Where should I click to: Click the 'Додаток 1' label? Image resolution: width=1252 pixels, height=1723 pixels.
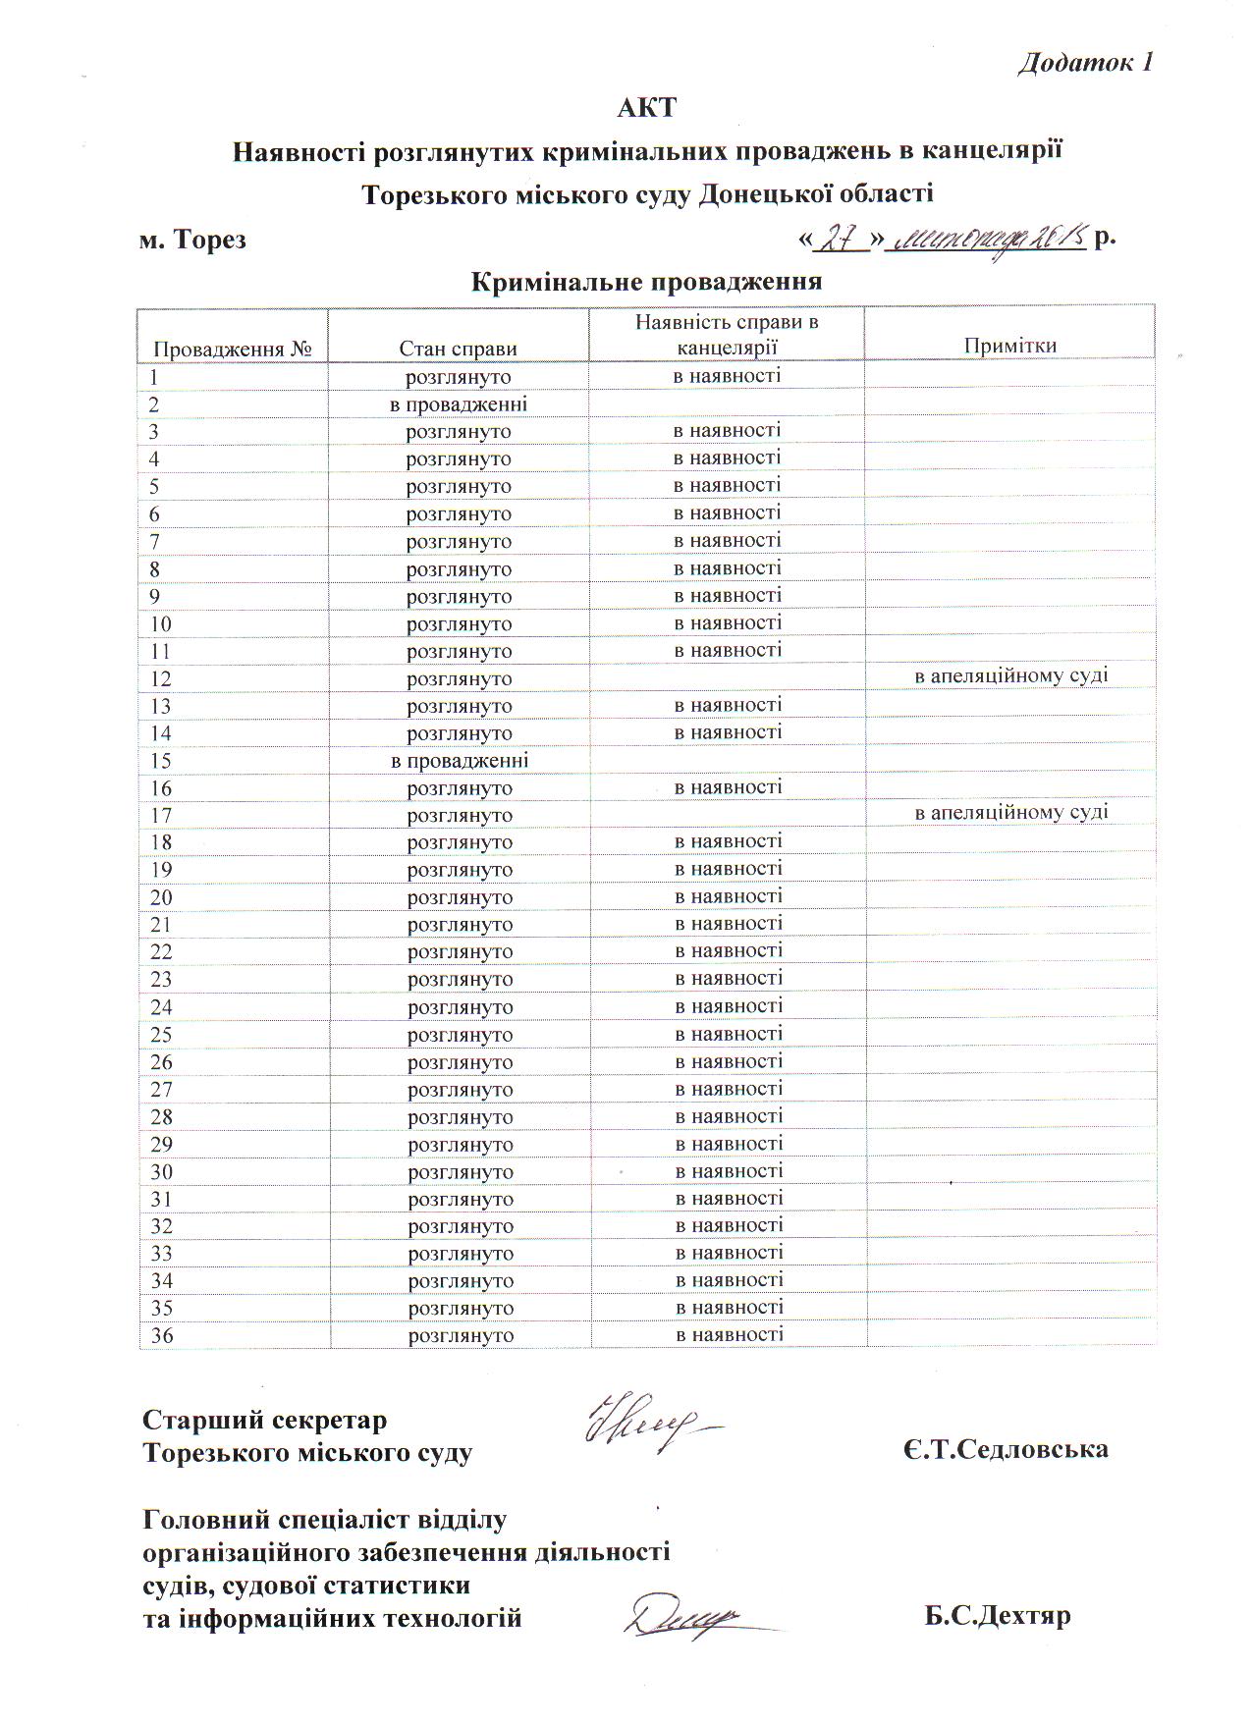[x=1084, y=63]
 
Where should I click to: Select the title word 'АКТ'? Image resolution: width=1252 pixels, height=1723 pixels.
[x=646, y=107]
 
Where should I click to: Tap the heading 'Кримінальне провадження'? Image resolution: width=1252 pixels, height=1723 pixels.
[x=646, y=282]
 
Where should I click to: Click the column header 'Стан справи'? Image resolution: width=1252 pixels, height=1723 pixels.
[x=458, y=348]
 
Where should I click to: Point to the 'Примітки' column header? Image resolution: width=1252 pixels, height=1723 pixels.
[x=1009, y=345]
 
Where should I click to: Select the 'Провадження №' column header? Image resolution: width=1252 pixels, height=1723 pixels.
[x=233, y=349]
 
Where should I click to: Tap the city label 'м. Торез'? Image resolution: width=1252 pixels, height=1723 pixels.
[x=192, y=240]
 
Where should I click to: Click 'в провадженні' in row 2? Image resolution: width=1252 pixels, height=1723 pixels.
[x=458, y=404]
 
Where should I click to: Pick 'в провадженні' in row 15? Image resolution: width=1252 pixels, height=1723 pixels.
[x=459, y=761]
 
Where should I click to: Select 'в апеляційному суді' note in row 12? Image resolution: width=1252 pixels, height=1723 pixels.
[x=1011, y=675]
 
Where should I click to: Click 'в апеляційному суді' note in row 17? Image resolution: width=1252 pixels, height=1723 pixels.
[x=1011, y=812]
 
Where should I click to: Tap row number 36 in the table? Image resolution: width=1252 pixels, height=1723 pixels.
[x=161, y=1335]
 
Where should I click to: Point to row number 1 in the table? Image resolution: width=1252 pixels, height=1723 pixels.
[x=154, y=377]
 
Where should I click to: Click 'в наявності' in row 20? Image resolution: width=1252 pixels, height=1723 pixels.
[x=729, y=896]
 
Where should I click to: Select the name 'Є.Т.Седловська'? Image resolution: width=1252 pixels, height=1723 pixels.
[x=1006, y=1449]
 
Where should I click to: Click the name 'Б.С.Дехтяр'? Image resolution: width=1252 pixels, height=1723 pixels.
[x=997, y=1616]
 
